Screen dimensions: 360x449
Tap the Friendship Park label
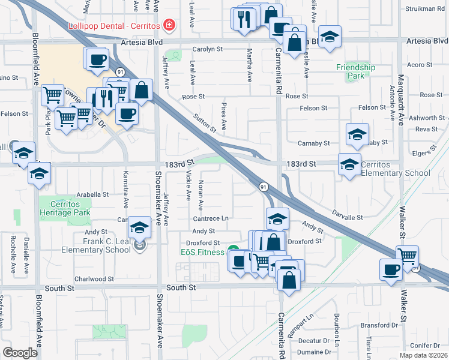tap(355, 72)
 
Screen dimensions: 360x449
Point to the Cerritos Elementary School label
tap(396, 169)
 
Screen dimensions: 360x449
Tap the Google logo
tap(20, 353)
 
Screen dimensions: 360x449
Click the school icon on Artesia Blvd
tap(330, 37)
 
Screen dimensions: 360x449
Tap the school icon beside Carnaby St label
tap(357, 135)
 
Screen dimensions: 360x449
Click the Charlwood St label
tap(94, 279)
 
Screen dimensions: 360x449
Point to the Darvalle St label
tap(348, 216)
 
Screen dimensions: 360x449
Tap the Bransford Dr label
tap(382, 325)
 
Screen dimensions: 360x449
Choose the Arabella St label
tap(92, 194)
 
